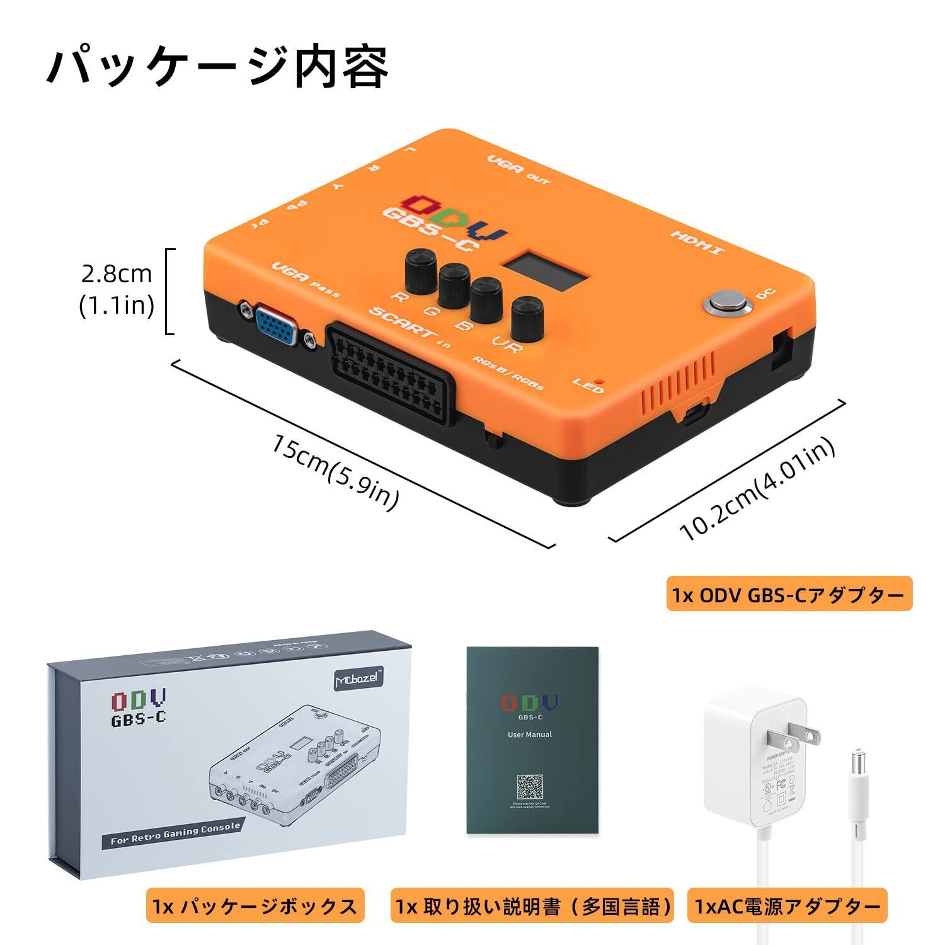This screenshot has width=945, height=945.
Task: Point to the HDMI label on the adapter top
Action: [x=697, y=243]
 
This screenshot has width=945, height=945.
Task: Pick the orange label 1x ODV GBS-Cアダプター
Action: [x=789, y=594]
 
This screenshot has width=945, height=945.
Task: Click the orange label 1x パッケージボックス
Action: [x=255, y=906]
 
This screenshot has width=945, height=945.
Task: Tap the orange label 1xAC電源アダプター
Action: [x=787, y=906]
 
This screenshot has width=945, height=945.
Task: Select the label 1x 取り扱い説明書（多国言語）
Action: [x=532, y=906]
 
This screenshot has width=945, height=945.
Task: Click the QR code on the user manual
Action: [x=530, y=787]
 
